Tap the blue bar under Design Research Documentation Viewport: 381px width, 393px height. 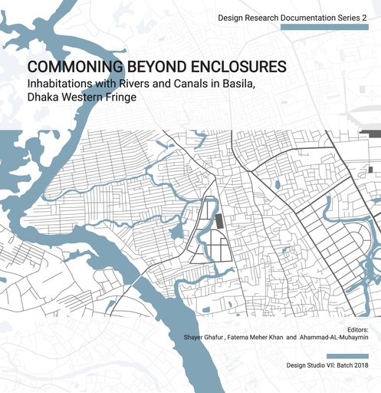330,28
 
